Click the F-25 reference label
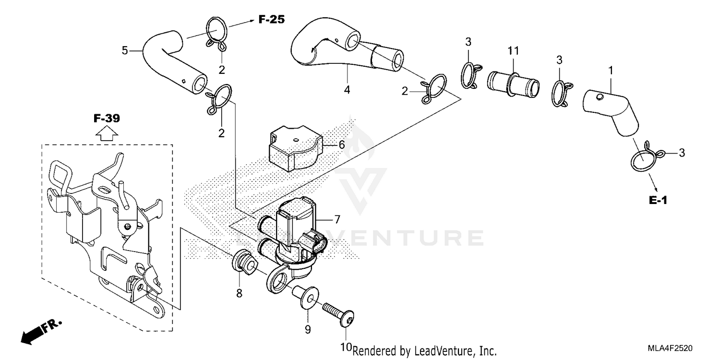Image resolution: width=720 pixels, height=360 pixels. click(x=271, y=20)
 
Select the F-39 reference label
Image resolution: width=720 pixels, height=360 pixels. click(x=106, y=119)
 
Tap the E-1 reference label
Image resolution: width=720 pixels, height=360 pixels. click(x=658, y=201)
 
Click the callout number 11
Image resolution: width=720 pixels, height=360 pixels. click(x=514, y=50)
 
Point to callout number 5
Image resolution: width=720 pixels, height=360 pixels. click(x=125, y=50)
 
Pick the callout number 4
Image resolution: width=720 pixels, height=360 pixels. click(x=347, y=90)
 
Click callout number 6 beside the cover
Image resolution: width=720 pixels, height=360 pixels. click(x=341, y=144)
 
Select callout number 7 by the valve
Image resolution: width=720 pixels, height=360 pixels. click(x=337, y=219)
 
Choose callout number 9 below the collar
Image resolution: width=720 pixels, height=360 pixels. click(x=308, y=329)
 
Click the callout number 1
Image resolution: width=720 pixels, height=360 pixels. click(x=611, y=70)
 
